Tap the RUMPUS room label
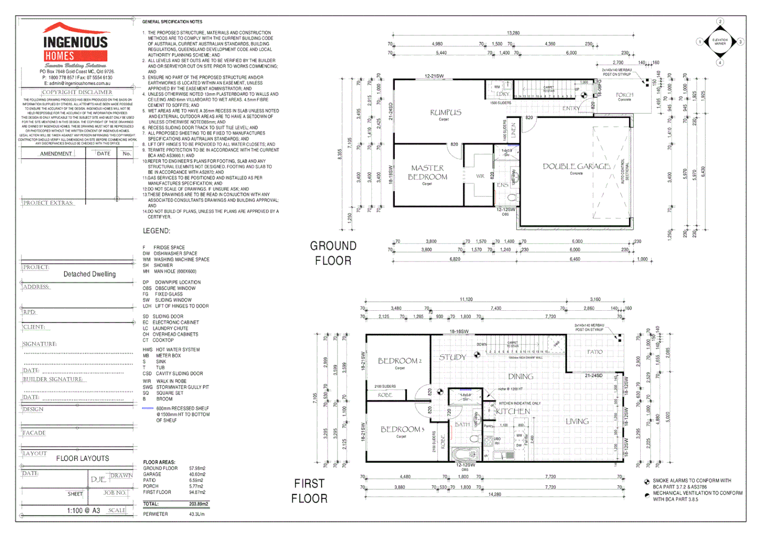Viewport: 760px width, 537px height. pyautogui.click(x=445, y=112)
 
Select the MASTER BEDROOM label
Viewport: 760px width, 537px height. pyautogui.click(x=427, y=173)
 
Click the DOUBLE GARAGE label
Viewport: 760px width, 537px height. pyautogui.click(x=576, y=167)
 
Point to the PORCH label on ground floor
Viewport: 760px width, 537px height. pyautogui.click(x=624, y=94)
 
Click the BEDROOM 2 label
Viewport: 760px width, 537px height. pyautogui.click(x=400, y=361)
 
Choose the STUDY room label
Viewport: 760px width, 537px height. pyautogui.click(x=452, y=357)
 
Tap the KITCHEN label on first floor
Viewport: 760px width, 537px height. pyautogui.click(x=513, y=411)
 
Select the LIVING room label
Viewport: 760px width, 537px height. pyautogui.click(x=577, y=421)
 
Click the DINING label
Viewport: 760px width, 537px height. pyautogui.click(x=520, y=376)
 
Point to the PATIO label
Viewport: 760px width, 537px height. pyautogui.click(x=594, y=352)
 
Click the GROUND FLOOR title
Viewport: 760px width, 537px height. pyautogui.click(x=333, y=253)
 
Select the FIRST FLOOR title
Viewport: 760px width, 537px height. pyautogui.click(x=309, y=491)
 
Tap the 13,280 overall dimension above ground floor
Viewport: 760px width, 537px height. pyautogui.click(x=513, y=33)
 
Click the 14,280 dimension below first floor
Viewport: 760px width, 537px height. pyautogui.click(x=495, y=494)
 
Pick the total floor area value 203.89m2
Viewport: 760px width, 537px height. pyautogui.click(x=198, y=504)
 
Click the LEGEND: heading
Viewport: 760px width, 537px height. pyautogui.click(x=157, y=231)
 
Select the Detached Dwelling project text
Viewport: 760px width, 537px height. pyautogui.click(x=89, y=274)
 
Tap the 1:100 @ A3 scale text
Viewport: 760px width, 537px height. pyautogui.click(x=84, y=511)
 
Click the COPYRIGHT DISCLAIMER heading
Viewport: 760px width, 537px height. pyautogui.click(x=77, y=92)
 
